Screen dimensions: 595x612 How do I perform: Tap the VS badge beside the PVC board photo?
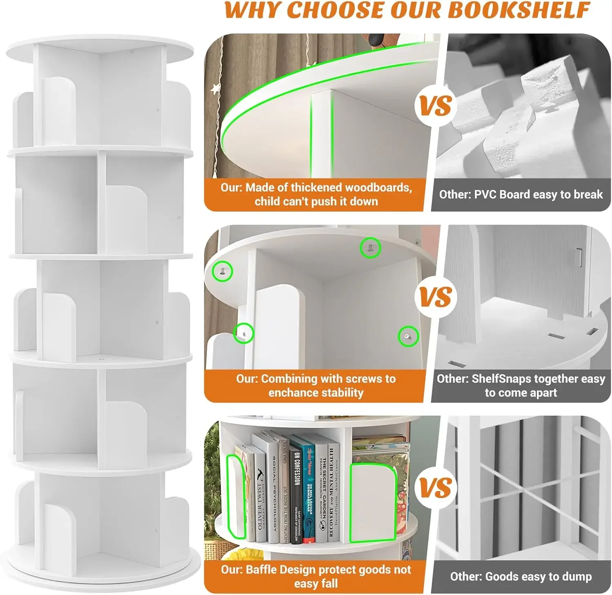[x=436, y=106]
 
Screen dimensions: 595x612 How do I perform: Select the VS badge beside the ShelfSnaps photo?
[x=436, y=296]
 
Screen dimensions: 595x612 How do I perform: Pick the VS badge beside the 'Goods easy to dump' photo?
[x=436, y=487]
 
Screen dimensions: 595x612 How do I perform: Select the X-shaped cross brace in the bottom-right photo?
[x=522, y=489]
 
